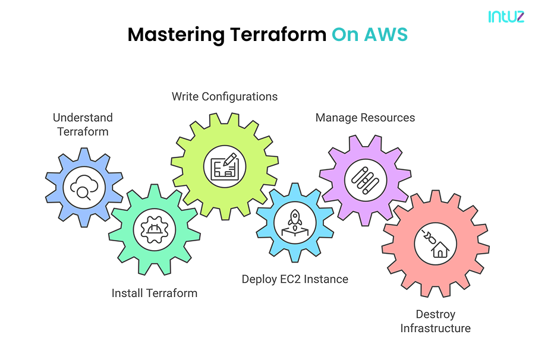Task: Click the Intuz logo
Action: (506, 17)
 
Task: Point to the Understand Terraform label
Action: (83, 124)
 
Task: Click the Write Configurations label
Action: (225, 96)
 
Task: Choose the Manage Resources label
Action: (365, 118)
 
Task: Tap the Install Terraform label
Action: (155, 293)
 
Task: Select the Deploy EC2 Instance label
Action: (295, 279)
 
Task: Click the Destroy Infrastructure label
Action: (435, 321)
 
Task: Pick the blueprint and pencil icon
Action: (225, 165)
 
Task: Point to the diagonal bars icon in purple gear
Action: (365, 176)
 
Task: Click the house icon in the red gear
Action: (435, 245)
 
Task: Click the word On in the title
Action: (345, 34)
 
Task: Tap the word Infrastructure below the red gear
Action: (435, 329)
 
